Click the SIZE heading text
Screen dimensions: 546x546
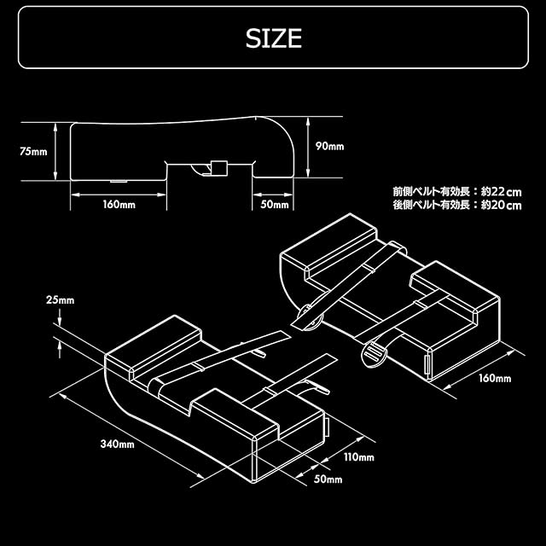click(273, 38)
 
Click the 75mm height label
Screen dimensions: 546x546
click(33, 152)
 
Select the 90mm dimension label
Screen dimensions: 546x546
click(329, 146)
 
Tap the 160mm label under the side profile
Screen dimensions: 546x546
click(119, 205)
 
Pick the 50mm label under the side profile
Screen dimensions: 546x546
click(275, 205)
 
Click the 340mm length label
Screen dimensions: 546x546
click(117, 444)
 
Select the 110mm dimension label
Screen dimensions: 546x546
click(359, 457)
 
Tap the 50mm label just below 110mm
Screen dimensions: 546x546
click(328, 479)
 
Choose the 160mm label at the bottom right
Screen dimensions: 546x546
click(496, 378)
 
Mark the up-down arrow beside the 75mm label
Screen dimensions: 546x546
click(56, 152)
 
